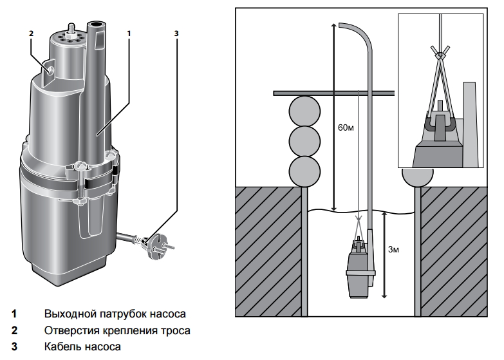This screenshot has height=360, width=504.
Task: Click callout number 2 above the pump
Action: click(31, 33)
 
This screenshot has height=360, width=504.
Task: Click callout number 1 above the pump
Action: click(129, 33)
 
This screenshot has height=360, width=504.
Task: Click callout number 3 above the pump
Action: click(176, 33)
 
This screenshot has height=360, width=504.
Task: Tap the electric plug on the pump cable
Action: click(159, 246)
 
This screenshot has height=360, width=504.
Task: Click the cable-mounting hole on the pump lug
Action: click(50, 70)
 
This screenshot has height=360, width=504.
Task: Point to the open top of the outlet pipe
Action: click(97, 24)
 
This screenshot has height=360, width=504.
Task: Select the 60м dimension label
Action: click(346, 128)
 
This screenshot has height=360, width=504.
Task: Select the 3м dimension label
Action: click(393, 249)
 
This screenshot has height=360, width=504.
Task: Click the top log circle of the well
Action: click(304, 111)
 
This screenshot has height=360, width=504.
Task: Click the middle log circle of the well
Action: click(304, 141)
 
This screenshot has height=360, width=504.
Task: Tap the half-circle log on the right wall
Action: click(418, 176)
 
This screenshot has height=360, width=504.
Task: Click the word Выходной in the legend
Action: click(69, 314)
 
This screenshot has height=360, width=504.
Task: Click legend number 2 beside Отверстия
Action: click(14, 330)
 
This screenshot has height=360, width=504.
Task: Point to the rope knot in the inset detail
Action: click(440, 55)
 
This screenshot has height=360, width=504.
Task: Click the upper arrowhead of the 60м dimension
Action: click(334, 26)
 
